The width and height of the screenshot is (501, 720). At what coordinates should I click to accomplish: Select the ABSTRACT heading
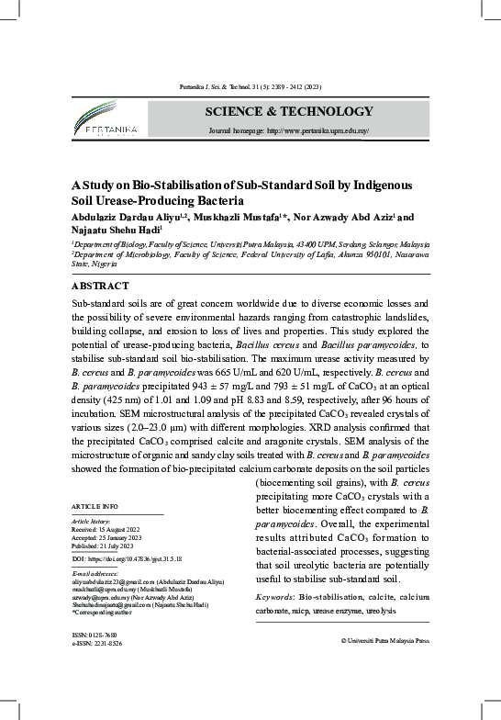click(100, 286)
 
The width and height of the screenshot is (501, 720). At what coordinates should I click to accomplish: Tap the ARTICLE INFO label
click(95, 506)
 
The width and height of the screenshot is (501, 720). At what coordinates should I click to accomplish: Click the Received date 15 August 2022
click(124, 530)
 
